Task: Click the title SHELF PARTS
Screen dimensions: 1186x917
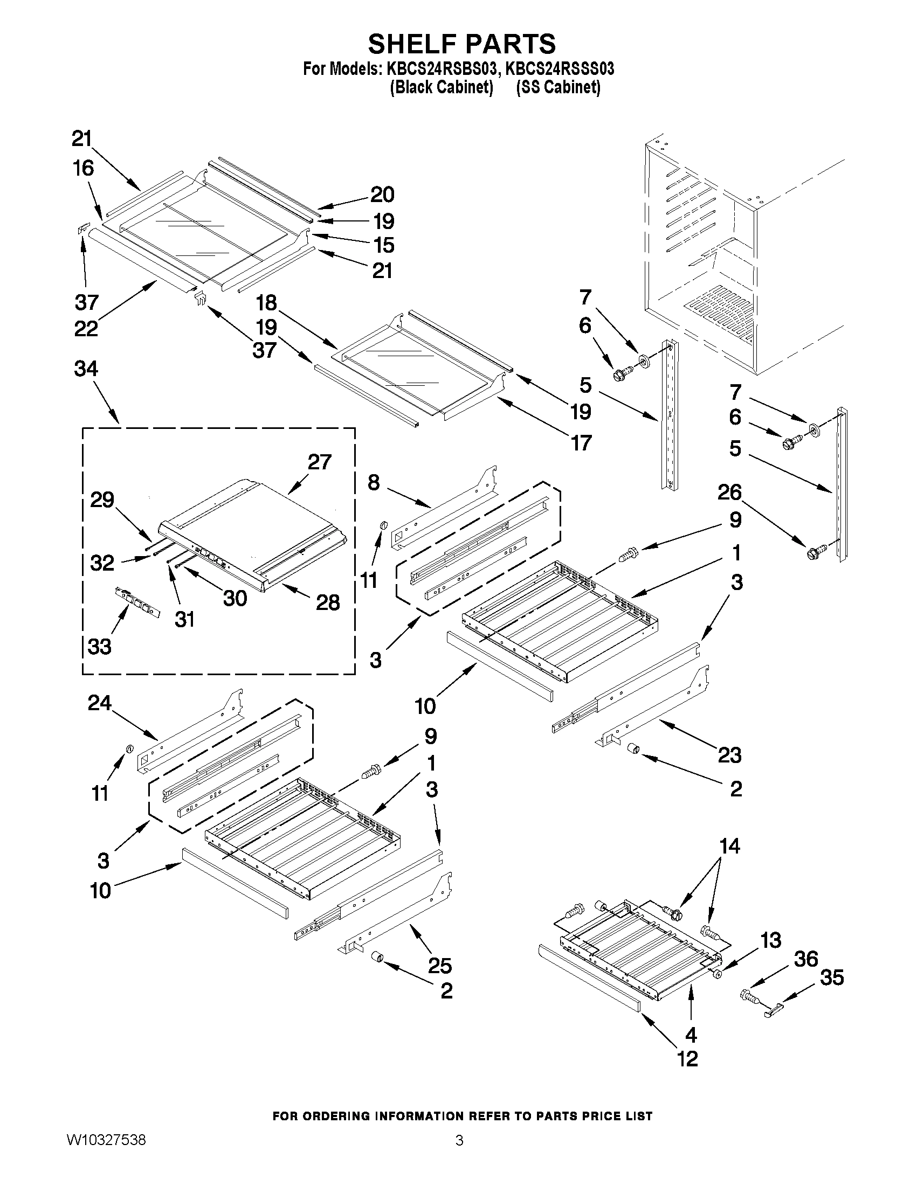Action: click(462, 44)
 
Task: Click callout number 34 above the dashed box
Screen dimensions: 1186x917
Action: click(86, 369)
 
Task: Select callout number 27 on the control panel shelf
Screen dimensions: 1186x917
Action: click(320, 462)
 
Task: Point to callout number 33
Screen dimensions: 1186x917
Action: click(99, 647)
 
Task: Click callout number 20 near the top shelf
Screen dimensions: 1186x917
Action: click(382, 195)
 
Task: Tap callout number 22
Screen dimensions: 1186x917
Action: click(86, 329)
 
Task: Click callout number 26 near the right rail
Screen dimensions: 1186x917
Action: click(729, 492)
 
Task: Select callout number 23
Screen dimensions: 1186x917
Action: click(729, 755)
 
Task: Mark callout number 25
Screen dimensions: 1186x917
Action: click(439, 966)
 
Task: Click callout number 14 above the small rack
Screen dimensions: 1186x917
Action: click(729, 846)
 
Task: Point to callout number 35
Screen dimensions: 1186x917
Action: click(832, 978)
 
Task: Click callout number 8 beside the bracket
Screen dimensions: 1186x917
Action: click(373, 482)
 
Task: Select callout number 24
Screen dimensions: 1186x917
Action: click(99, 704)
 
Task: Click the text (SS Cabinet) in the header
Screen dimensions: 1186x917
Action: click(558, 87)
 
